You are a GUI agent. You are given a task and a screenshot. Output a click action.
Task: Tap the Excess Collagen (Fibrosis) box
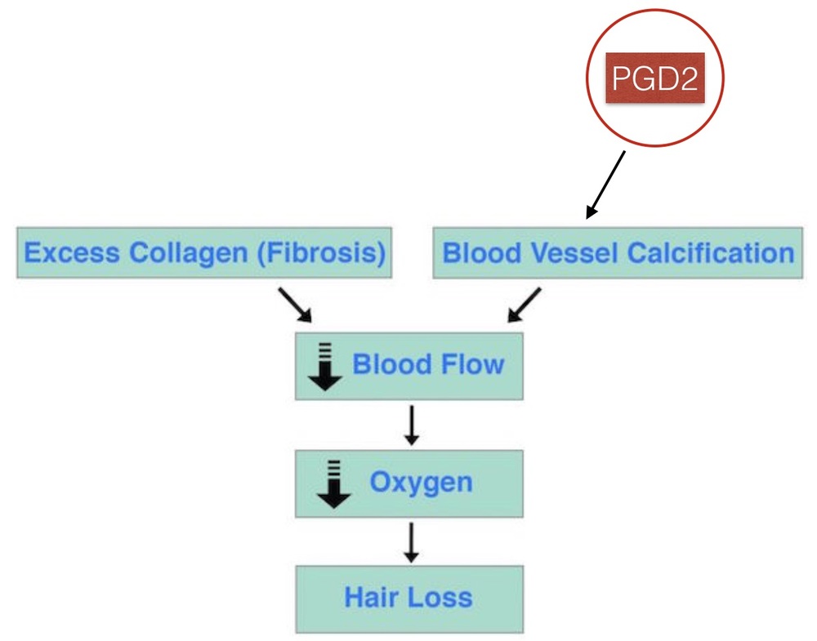(x=204, y=252)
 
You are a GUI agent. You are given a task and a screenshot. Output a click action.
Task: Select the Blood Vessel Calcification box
(x=618, y=252)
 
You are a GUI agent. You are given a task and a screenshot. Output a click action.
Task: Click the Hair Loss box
(x=408, y=597)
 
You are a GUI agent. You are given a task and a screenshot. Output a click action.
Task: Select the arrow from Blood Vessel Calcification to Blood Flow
(x=524, y=304)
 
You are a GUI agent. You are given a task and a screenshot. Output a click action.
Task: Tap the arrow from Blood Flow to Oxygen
(x=412, y=424)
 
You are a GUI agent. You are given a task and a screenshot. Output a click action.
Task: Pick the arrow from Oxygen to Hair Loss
(x=412, y=541)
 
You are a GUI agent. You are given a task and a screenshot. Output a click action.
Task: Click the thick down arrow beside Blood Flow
(x=325, y=367)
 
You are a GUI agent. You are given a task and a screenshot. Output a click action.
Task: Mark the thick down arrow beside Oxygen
(x=333, y=483)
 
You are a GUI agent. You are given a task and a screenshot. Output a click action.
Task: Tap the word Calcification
(x=710, y=252)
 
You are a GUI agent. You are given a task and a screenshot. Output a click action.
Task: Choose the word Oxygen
(x=421, y=482)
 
